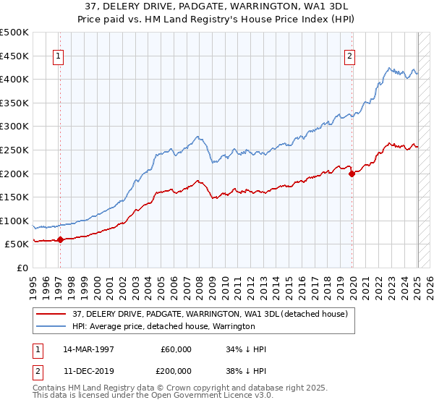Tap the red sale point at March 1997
[x=60, y=240]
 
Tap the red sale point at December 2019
[x=352, y=174]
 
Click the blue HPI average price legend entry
[x=163, y=326]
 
